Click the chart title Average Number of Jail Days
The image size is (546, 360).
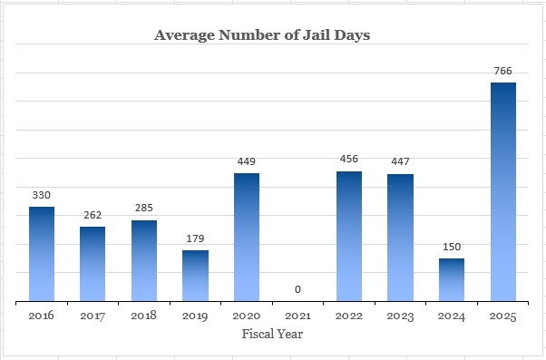262,35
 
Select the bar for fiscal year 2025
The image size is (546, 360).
503,191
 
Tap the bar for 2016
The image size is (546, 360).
41,254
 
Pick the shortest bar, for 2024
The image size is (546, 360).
452,279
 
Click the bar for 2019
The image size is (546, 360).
195,276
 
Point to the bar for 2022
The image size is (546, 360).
349,236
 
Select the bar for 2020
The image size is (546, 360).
247,237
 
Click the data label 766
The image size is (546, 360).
503,69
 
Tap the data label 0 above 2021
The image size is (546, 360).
297,289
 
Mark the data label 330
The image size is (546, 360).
41,194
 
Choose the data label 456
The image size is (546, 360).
349,159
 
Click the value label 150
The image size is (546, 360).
452,246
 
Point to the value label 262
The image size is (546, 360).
93,214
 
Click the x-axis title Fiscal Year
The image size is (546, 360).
272,334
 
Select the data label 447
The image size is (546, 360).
401,161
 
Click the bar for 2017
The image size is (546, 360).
93,264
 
